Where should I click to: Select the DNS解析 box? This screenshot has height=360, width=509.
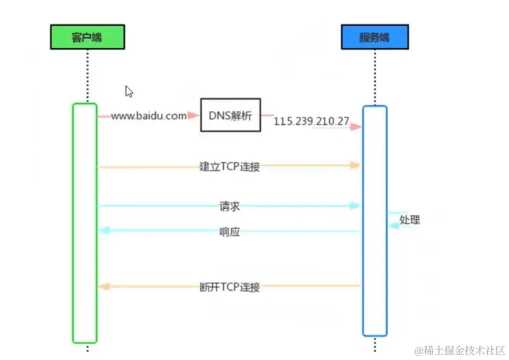pos(230,115)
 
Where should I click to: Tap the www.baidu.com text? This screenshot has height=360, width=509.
pos(148,116)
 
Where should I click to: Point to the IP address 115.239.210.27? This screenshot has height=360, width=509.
pos(311,122)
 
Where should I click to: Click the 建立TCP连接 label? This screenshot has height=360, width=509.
pos(230,167)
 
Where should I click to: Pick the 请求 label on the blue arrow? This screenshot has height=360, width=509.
pos(230,206)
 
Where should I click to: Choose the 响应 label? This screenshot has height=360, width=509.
pos(230,232)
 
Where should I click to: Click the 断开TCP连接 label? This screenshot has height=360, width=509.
pos(230,287)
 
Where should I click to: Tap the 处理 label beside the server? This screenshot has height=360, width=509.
pos(409,220)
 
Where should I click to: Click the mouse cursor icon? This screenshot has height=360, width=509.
pos(129,91)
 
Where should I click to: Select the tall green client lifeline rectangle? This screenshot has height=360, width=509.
pos(84,223)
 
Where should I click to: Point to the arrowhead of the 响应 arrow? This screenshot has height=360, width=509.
pos(104,230)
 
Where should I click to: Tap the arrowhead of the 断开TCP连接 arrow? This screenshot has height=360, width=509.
pos(104,286)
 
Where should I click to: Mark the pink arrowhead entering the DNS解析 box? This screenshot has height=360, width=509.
pos(194,116)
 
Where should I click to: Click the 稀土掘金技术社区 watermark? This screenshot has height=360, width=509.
pos(461,350)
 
